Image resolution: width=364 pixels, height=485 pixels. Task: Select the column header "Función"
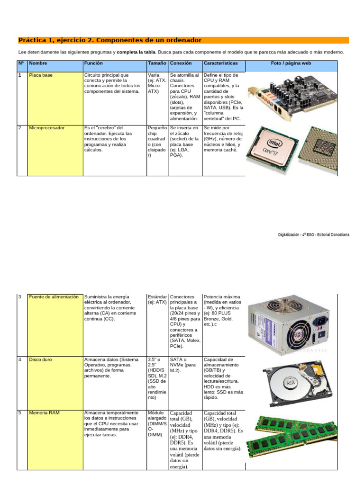(93, 63)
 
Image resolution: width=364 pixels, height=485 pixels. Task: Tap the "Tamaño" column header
(157, 63)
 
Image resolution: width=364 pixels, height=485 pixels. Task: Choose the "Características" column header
(221, 63)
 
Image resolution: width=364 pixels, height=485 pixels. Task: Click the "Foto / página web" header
(291, 63)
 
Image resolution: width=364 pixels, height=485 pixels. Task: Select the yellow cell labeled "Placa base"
(55, 99)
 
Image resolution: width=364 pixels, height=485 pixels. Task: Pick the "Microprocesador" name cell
(55, 151)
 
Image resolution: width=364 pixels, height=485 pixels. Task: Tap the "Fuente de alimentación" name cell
(55, 325)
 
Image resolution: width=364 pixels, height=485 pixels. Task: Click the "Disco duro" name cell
(55, 383)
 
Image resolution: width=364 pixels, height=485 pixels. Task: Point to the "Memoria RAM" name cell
(55, 440)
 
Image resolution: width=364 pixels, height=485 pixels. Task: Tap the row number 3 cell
(22, 325)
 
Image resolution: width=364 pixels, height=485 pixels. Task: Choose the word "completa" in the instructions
(127, 52)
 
